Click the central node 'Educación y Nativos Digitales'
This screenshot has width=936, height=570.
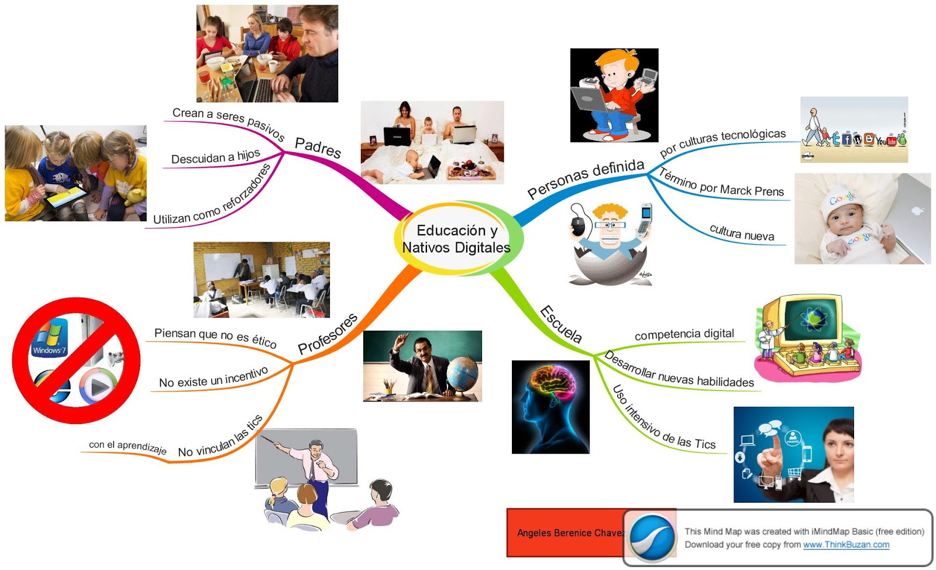(456, 239)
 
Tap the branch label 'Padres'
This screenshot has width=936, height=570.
(318, 147)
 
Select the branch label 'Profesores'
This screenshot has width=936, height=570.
(328, 334)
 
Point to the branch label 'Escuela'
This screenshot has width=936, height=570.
(561, 324)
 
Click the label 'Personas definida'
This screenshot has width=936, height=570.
(586, 178)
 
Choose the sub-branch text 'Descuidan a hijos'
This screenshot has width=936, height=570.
(215, 157)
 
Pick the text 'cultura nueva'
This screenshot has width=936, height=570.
(742, 233)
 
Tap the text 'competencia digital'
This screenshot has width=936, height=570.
(684, 334)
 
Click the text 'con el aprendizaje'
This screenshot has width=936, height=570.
(128, 447)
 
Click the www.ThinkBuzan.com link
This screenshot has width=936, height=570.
(846, 545)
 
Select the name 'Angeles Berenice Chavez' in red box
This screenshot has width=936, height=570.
(570, 533)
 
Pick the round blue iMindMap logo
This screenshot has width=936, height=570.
(651, 537)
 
